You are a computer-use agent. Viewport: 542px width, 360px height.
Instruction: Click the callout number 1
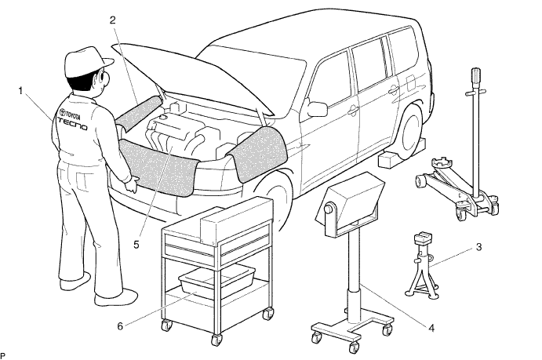(20, 91)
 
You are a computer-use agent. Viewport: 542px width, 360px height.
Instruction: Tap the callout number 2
(113, 20)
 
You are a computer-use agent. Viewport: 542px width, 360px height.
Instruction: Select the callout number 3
(478, 247)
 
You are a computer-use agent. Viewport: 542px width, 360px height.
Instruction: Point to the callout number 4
(431, 328)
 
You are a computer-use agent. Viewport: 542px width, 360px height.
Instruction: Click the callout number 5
(136, 245)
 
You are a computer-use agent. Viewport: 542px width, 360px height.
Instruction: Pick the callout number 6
(120, 325)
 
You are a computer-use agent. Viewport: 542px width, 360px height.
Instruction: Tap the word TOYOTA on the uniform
(73, 114)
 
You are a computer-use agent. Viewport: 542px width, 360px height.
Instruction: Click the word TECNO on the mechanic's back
(72, 123)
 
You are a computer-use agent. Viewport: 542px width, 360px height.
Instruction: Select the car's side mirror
(317, 108)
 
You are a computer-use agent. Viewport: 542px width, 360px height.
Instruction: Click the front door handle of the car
(353, 111)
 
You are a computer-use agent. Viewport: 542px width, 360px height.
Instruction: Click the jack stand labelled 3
(423, 267)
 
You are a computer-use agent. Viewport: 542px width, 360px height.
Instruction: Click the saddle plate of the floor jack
(440, 162)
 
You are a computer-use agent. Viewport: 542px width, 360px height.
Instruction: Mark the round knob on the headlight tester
(329, 209)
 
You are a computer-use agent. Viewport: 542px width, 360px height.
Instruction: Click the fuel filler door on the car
(411, 82)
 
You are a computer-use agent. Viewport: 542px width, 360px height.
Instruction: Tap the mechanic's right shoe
(115, 296)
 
